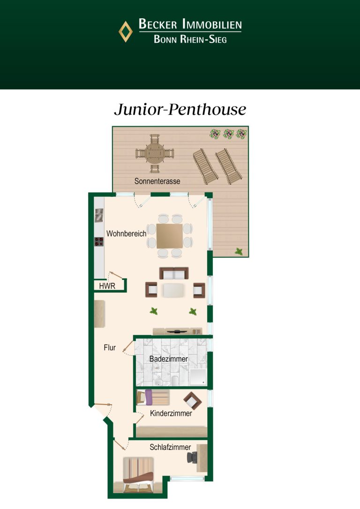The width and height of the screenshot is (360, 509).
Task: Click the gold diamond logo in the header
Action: [126, 31]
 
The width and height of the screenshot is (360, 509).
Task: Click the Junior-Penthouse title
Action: [180, 109]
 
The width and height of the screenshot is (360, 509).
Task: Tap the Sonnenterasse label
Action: [157, 181]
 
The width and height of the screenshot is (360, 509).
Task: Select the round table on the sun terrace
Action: [155, 153]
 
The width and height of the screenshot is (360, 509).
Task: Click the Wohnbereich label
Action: [126, 233]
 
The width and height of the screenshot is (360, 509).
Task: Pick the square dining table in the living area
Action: [169, 236]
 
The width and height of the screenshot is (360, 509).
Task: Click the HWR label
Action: [107, 286]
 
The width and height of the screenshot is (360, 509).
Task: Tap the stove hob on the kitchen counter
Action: [99, 241]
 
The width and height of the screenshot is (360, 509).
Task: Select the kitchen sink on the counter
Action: [99, 215]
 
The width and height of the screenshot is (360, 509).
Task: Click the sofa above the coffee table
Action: [174, 273]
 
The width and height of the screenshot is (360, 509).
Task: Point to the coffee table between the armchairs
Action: [173, 290]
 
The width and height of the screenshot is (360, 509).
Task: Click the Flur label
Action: [110, 348]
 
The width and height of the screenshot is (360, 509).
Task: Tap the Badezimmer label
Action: [168, 359]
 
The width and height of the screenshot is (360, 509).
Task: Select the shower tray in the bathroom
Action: [198, 377]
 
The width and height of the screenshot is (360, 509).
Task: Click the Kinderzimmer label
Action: [171, 413]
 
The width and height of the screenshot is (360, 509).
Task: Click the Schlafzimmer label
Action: [170, 447]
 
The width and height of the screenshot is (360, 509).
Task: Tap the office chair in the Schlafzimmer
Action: [192, 457]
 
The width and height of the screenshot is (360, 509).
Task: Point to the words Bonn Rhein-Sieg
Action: [190, 39]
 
